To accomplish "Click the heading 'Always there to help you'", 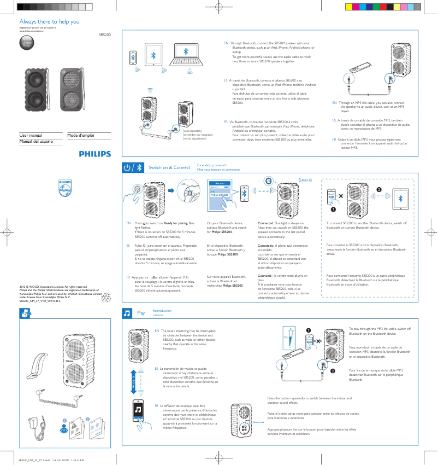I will [49, 22].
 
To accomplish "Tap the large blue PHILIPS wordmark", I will [94, 154].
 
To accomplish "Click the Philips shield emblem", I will [65, 188].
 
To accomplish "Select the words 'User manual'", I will [31, 135].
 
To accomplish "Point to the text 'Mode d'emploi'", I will [81, 135].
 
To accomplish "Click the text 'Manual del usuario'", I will [36, 142].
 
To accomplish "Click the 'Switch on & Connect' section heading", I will [169, 167].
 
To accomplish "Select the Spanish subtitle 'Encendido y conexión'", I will [212, 165].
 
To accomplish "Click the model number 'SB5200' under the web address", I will [104, 34].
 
